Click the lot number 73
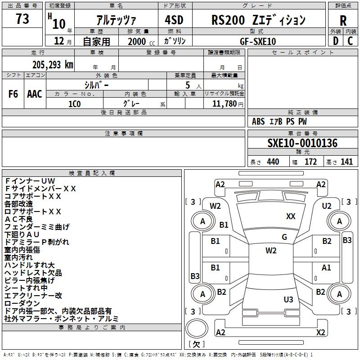pyautogui.click(x=22, y=19)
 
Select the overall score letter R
pyautogui.click(x=343, y=20)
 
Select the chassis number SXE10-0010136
pyautogui.click(x=302, y=143)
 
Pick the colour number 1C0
pyautogui.click(x=74, y=103)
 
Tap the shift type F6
pyautogui.click(x=13, y=94)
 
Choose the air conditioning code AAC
pyautogui.click(x=35, y=94)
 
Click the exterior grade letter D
pyautogui.click(x=335, y=41)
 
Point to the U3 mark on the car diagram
pyautogui.click(x=288, y=299)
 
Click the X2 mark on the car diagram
pyautogui.click(x=321, y=332)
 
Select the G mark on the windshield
pyautogui.click(x=284, y=237)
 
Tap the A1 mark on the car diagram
pyautogui.click(x=326, y=267)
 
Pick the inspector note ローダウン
pyautogui.click(x=22, y=303)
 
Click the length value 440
pyautogui.click(x=273, y=162)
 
